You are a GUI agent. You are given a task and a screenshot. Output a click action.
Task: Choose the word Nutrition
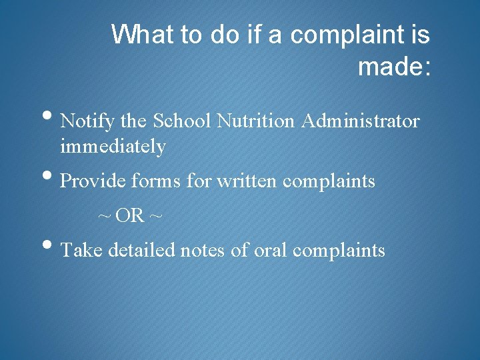(258, 121)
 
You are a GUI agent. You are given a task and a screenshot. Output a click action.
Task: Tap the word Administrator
(361, 121)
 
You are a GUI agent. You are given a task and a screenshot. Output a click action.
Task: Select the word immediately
(113, 146)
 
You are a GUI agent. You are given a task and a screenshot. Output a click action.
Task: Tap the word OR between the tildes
(130, 216)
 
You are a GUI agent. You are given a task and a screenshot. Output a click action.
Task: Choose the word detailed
(140, 250)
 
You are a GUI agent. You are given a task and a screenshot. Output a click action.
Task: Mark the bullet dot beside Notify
(51, 119)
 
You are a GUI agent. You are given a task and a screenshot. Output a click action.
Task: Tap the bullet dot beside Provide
(51, 178)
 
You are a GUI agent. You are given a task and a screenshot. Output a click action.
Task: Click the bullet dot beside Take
(51, 247)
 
